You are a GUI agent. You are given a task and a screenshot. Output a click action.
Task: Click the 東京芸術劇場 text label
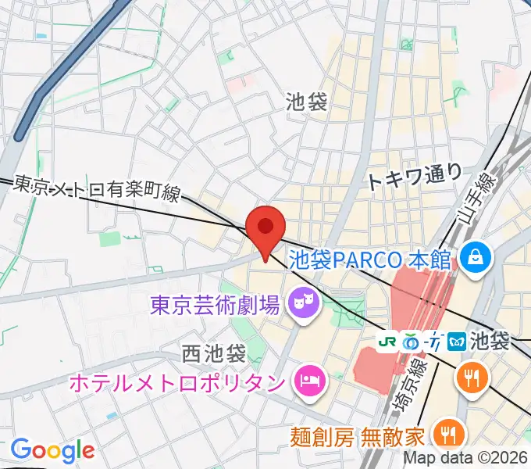click(x=214, y=303)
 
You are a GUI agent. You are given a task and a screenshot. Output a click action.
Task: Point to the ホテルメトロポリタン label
click(x=176, y=383)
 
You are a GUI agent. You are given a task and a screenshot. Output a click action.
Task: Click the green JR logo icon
click(x=387, y=342)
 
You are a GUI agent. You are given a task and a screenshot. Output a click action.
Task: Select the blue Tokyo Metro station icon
click(x=458, y=342)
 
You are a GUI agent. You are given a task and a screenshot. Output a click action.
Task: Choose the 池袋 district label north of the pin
click(x=306, y=101)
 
